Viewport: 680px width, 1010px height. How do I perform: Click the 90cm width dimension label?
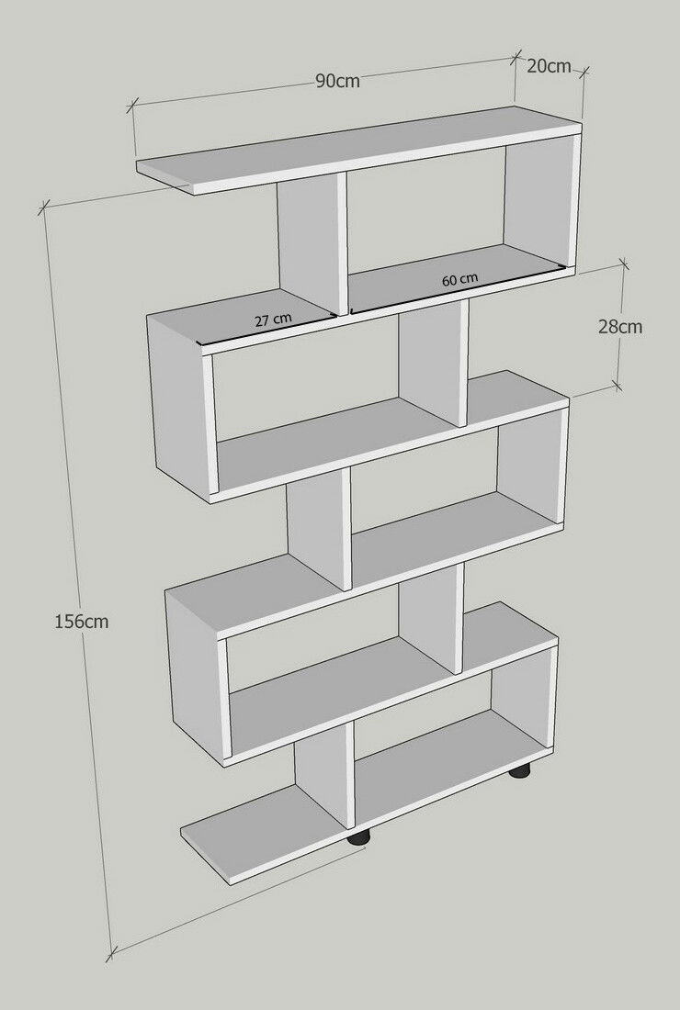coord(337,82)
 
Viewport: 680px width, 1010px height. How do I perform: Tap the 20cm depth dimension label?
coord(549,66)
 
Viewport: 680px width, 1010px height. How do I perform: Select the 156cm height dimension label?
coord(81,622)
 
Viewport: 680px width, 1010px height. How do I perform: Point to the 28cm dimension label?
coord(620,327)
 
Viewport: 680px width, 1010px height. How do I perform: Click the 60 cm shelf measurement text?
coord(459,279)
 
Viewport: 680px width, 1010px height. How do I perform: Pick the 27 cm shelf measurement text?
coord(273,320)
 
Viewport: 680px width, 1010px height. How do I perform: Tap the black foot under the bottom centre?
coord(359,836)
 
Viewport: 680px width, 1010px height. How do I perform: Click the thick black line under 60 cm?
coord(459,289)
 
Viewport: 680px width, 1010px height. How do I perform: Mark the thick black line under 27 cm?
coord(268,331)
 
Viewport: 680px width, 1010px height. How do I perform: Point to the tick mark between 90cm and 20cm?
coord(516,57)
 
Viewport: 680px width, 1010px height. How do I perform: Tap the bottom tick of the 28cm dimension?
coord(618,386)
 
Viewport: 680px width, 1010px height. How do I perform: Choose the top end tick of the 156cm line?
coord(43,208)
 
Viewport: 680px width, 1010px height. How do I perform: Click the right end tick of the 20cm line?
coord(584,72)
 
